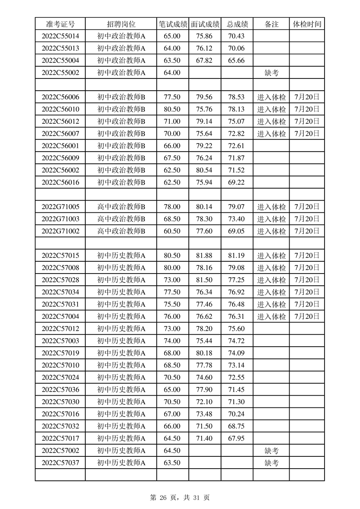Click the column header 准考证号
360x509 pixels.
(x=60, y=24)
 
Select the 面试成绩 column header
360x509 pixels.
(x=205, y=24)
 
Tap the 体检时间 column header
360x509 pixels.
(x=307, y=24)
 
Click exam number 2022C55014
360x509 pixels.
(x=60, y=36)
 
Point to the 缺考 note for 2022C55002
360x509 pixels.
(x=271, y=73)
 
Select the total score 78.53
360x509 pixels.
(x=237, y=97)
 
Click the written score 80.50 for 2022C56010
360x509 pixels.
(x=172, y=109)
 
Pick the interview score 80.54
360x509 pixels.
(x=204, y=170)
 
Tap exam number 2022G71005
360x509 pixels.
(x=60, y=207)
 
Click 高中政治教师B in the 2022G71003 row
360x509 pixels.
(x=121, y=219)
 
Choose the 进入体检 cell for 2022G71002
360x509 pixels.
(x=271, y=231)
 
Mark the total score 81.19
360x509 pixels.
(x=237, y=256)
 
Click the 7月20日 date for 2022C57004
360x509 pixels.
(x=307, y=317)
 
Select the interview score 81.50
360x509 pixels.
(x=204, y=280)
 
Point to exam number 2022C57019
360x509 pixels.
(x=60, y=353)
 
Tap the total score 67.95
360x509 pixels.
(x=237, y=438)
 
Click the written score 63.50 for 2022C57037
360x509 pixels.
(x=172, y=463)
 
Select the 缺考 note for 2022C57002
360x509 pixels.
(x=271, y=450)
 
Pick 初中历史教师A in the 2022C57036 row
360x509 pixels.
(x=121, y=390)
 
